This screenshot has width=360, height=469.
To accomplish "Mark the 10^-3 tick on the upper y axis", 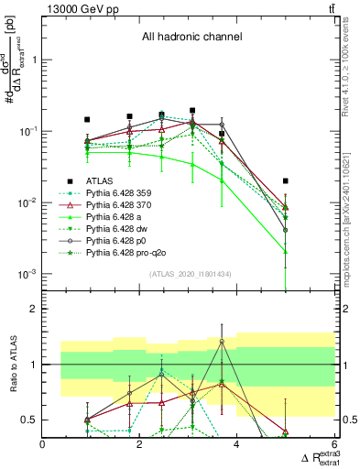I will [27, 274].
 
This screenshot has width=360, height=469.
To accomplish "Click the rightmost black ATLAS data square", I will [286, 181].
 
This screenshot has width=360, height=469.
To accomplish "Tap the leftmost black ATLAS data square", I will [87, 120].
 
